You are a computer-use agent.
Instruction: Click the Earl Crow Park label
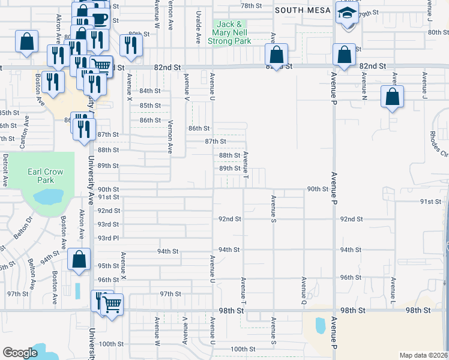click(45, 176)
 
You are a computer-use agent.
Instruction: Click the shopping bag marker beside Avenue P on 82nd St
click(345, 55)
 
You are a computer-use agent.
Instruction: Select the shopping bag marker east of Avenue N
click(391, 97)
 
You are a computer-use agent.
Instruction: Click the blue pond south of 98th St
click(321, 325)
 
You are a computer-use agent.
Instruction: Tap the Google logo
click(20, 353)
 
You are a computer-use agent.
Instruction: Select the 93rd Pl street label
click(109, 239)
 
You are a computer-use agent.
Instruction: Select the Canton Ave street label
click(26, 127)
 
